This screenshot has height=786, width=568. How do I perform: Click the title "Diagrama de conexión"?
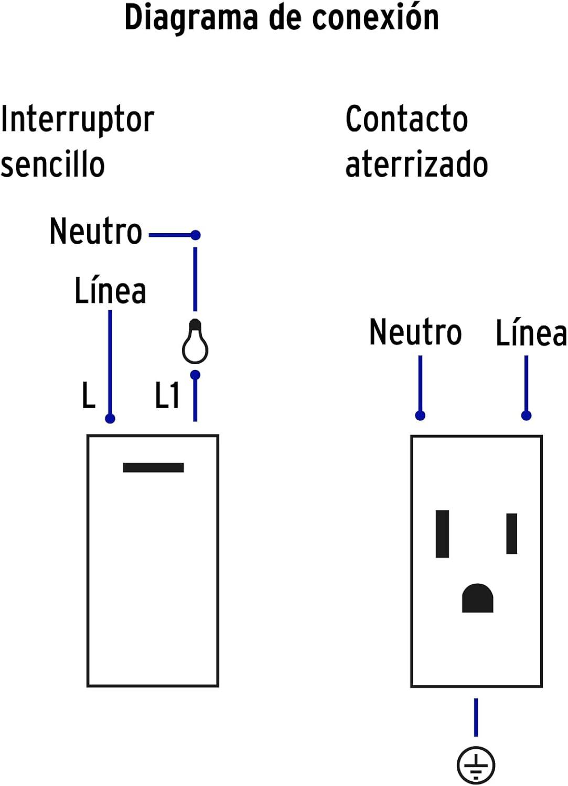click(x=282, y=18)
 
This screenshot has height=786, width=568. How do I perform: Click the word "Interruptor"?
click(x=78, y=120)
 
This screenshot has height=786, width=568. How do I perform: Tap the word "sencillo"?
click(x=52, y=165)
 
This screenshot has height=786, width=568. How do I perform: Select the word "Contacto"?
click(x=406, y=119)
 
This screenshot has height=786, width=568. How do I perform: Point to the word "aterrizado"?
click(x=416, y=165)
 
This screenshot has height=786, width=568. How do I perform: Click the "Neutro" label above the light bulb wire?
click(x=95, y=231)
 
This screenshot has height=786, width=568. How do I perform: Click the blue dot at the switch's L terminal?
click(x=110, y=419)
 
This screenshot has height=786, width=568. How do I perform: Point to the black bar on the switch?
click(x=153, y=467)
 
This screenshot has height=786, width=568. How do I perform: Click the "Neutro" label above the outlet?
click(x=415, y=332)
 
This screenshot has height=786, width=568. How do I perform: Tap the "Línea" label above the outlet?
click(x=531, y=333)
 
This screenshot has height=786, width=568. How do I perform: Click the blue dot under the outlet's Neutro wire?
click(x=420, y=416)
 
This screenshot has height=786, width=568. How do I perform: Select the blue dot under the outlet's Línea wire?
click(x=527, y=416)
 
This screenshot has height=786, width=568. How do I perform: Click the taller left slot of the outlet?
click(x=443, y=533)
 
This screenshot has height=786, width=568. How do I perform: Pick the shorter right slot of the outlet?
click(x=512, y=533)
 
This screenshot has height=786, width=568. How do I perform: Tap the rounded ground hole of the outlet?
click(x=477, y=599)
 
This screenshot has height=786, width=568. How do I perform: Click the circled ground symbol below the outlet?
click(x=476, y=765)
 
